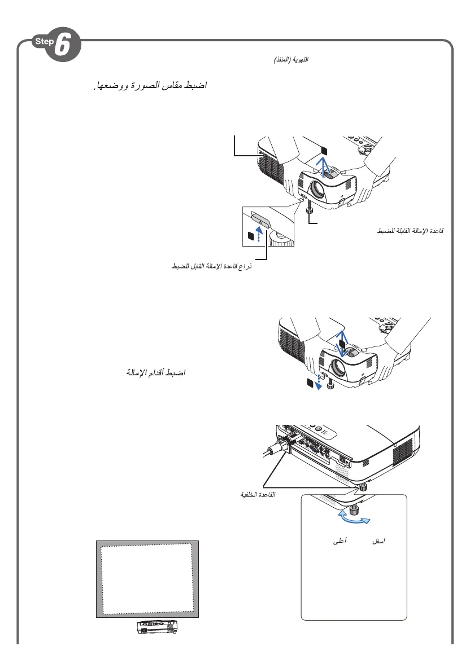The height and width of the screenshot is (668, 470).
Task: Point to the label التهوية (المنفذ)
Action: click(x=291, y=59)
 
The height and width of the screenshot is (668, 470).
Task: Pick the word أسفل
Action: click(x=376, y=541)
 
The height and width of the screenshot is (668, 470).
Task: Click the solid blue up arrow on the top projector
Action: click(x=322, y=168)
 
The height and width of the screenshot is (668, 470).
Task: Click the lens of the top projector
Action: click(x=316, y=189)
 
